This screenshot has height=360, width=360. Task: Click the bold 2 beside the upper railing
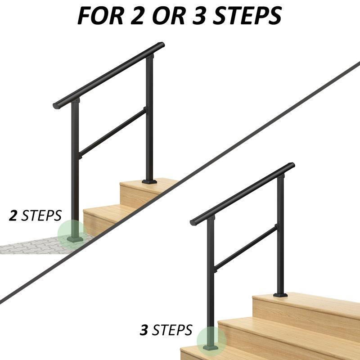tap(13, 216)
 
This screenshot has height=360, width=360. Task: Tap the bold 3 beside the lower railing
tap(144, 331)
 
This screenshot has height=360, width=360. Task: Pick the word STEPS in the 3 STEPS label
tap(172, 331)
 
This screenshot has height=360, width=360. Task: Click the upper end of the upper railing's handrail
tap(161, 46)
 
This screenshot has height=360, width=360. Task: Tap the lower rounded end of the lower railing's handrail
tap(194, 222)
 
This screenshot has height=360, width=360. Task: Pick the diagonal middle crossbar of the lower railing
tap(245, 249)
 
